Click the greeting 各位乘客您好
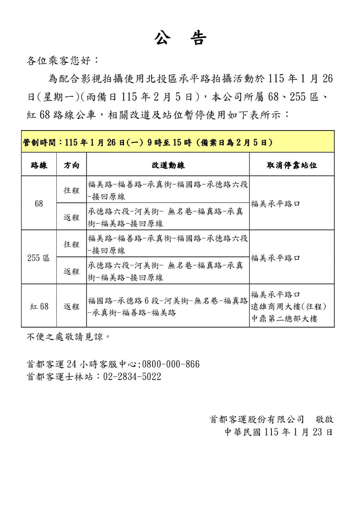click(x=61, y=60)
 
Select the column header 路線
click(x=39, y=165)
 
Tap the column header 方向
click(x=71, y=165)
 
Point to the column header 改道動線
click(x=168, y=165)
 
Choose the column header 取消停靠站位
click(x=292, y=165)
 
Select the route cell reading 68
click(x=39, y=204)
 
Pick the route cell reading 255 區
click(x=39, y=258)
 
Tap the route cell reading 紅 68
click(x=39, y=306)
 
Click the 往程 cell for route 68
click(x=71, y=190)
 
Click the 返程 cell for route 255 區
click(x=71, y=271)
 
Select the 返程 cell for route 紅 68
click(x=71, y=306)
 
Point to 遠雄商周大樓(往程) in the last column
click(x=288, y=306)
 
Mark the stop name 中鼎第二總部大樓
click(x=284, y=319)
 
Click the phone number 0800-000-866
click(x=171, y=364)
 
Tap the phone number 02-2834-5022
click(x=132, y=377)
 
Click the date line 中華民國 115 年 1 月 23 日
click(x=279, y=432)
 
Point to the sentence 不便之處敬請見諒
click(x=68, y=337)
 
